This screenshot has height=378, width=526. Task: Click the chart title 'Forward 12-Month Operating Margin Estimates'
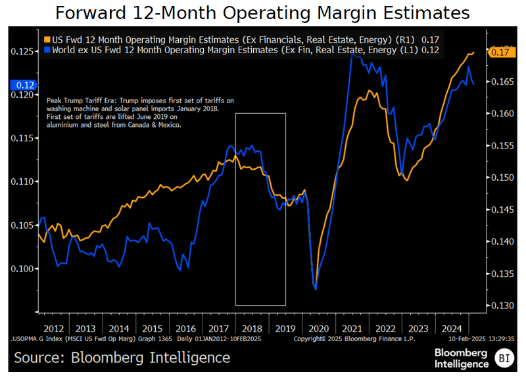262,13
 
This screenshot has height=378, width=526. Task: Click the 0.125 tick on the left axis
22,51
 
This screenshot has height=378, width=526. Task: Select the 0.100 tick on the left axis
22,269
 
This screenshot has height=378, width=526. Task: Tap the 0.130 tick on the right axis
503,306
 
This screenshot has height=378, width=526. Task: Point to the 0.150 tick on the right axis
503,177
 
